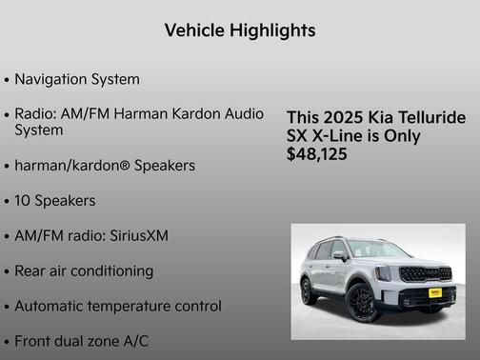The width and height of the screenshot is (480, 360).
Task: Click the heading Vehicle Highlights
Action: [239, 30]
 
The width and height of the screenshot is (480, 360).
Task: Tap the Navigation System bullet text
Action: [77, 79]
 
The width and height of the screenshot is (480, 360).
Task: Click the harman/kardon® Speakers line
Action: [105, 166]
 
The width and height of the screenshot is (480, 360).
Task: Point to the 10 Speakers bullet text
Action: [55, 201]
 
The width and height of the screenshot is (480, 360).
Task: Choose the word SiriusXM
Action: [135, 235]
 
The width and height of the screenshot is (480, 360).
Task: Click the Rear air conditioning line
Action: [84, 270]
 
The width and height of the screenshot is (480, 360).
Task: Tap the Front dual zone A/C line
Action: [81, 340]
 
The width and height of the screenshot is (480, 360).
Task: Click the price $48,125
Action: [317, 153]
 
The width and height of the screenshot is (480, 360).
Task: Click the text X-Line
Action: [341, 135]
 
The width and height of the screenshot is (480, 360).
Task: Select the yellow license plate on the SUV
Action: [434, 293]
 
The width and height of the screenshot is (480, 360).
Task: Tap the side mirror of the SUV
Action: [341, 256]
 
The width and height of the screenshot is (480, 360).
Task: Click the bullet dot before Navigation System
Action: [8, 80]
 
